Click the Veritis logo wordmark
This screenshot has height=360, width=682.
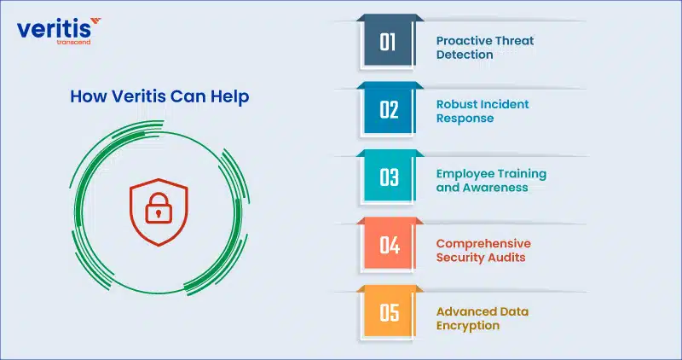(x=54, y=29)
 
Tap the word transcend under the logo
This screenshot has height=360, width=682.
(x=73, y=42)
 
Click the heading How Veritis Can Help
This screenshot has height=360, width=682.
(x=159, y=96)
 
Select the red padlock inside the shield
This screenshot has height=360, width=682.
(x=159, y=208)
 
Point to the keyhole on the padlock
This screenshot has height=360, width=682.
(x=159, y=213)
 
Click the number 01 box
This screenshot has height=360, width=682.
(x=387, y=43)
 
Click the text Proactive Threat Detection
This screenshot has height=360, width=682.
(x=485, y=48)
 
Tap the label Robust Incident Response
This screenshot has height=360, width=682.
(x=483, y=111)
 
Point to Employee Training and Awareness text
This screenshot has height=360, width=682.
(x=492, y=181)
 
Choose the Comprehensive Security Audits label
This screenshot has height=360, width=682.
(x=483, y=250)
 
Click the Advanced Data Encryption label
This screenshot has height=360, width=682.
(x=483, y=319)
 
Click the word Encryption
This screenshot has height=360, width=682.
(x=468, y=326)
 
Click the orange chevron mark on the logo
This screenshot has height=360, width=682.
(x=95, y=21)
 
